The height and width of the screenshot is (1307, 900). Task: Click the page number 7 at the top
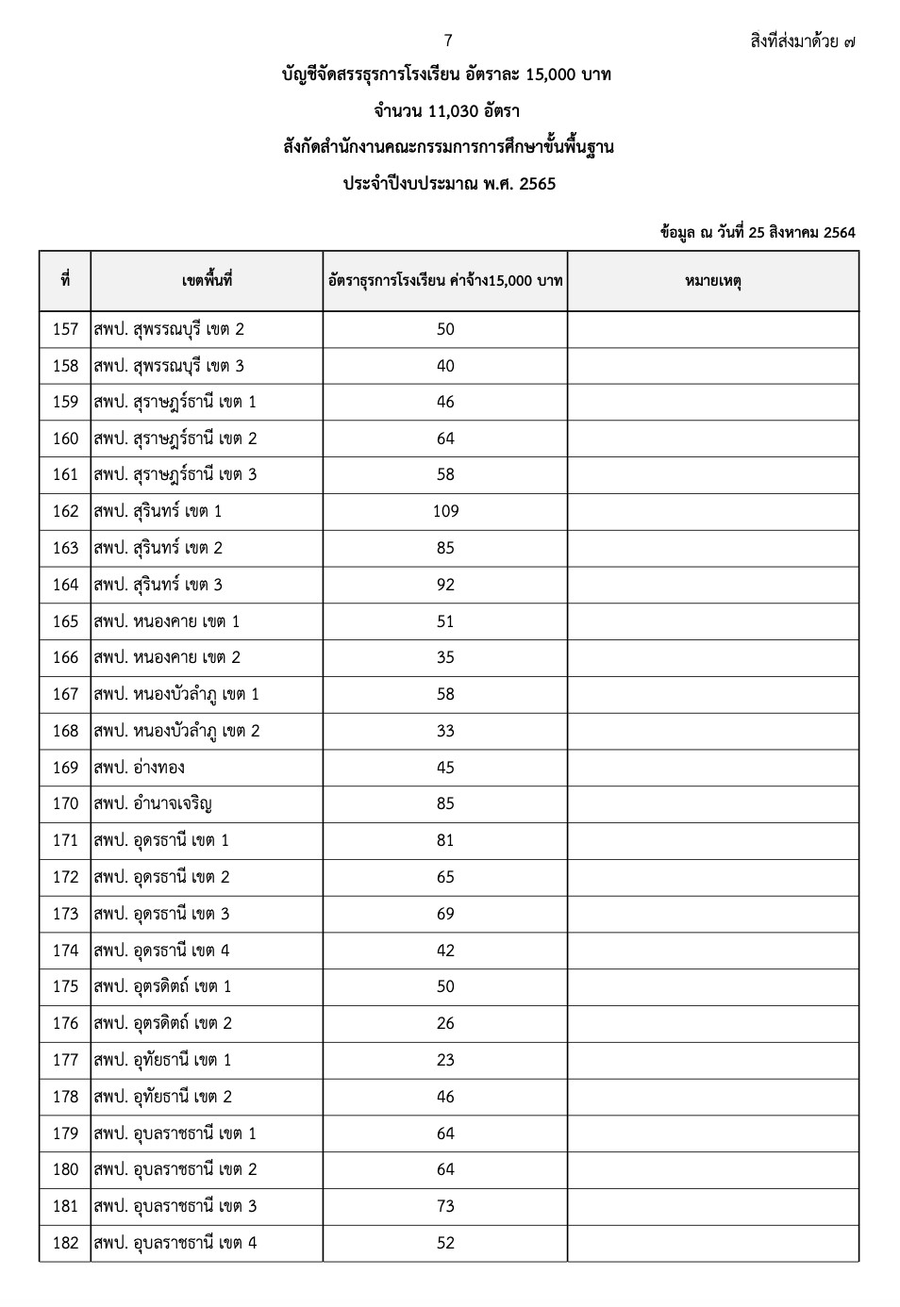click(x=448, y=41)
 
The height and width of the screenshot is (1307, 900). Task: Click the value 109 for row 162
click(x=445, y=511)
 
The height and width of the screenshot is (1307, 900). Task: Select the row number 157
click(x=65, y=329)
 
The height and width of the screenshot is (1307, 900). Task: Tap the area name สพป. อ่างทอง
click(x=139, y=768)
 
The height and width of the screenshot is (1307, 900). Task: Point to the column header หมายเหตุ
click(x=712, y=281)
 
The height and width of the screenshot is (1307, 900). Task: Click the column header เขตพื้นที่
click(x=207, y=281)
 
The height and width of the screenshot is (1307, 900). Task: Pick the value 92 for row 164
click(x=445, y=585)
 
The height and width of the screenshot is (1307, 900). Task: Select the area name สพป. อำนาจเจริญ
click(x=152, y=803)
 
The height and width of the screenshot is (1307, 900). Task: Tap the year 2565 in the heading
click(x=538, y=184)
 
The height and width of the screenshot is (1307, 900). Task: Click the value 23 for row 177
click(x=445, y=1060)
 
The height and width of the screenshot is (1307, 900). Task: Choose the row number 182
click(x=65, y=1243)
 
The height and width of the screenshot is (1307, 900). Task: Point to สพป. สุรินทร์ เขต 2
click(x=158, y=548)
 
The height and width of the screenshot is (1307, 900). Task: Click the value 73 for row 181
click(x=445, y=1206)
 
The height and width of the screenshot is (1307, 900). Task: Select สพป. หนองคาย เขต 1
click(x=166, y=621)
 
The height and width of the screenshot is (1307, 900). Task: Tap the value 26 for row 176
click(x=445, y=1023)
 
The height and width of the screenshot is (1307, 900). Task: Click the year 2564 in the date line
click(x=839, y=232)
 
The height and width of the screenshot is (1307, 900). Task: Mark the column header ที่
click(x=65, y=281)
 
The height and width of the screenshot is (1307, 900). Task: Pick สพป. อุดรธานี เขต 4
click(x=161, y=951)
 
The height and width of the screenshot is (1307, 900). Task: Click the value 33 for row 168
click(x=445, y=731)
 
